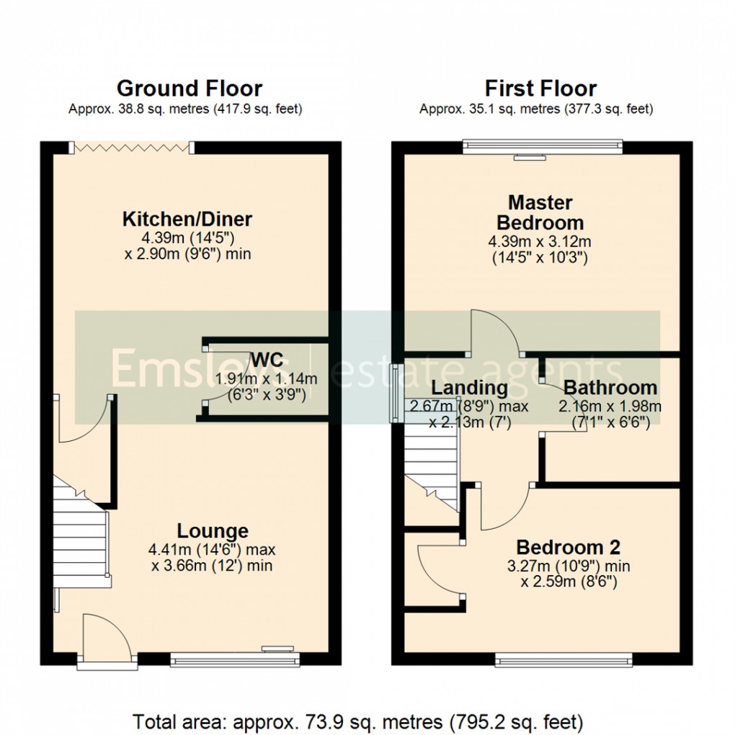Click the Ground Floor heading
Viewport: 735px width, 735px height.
[189, 89]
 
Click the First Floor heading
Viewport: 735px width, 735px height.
[540, 89]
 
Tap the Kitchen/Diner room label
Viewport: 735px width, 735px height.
[187, 219]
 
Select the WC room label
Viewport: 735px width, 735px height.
[267, 359]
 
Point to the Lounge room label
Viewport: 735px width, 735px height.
[213, 531]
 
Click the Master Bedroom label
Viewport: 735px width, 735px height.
[540, 212]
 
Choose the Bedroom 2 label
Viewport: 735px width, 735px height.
[568, 545]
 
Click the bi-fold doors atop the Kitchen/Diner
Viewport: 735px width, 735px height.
[131, 147]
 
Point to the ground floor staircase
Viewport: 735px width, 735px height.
[79, 533]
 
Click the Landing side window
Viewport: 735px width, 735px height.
[395, 393]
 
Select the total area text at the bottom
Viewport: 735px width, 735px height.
[357, 721]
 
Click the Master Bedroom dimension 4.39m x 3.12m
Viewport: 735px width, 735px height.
[540, 241]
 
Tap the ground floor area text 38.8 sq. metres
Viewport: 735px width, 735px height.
[185, 110]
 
